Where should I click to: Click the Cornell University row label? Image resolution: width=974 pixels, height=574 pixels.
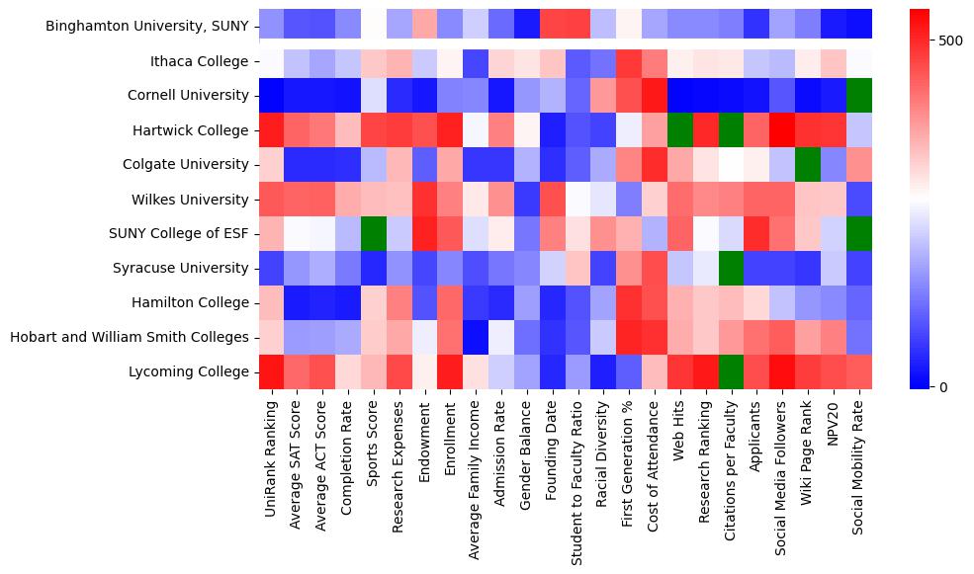coord(188,96)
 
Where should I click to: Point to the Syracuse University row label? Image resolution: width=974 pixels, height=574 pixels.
coord(185,268)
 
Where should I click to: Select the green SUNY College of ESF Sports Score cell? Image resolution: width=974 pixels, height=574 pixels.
coord(374,234)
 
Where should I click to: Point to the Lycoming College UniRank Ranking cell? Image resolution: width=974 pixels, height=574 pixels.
coord(272,371)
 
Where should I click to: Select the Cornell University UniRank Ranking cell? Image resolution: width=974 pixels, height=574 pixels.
coord(272,96)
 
